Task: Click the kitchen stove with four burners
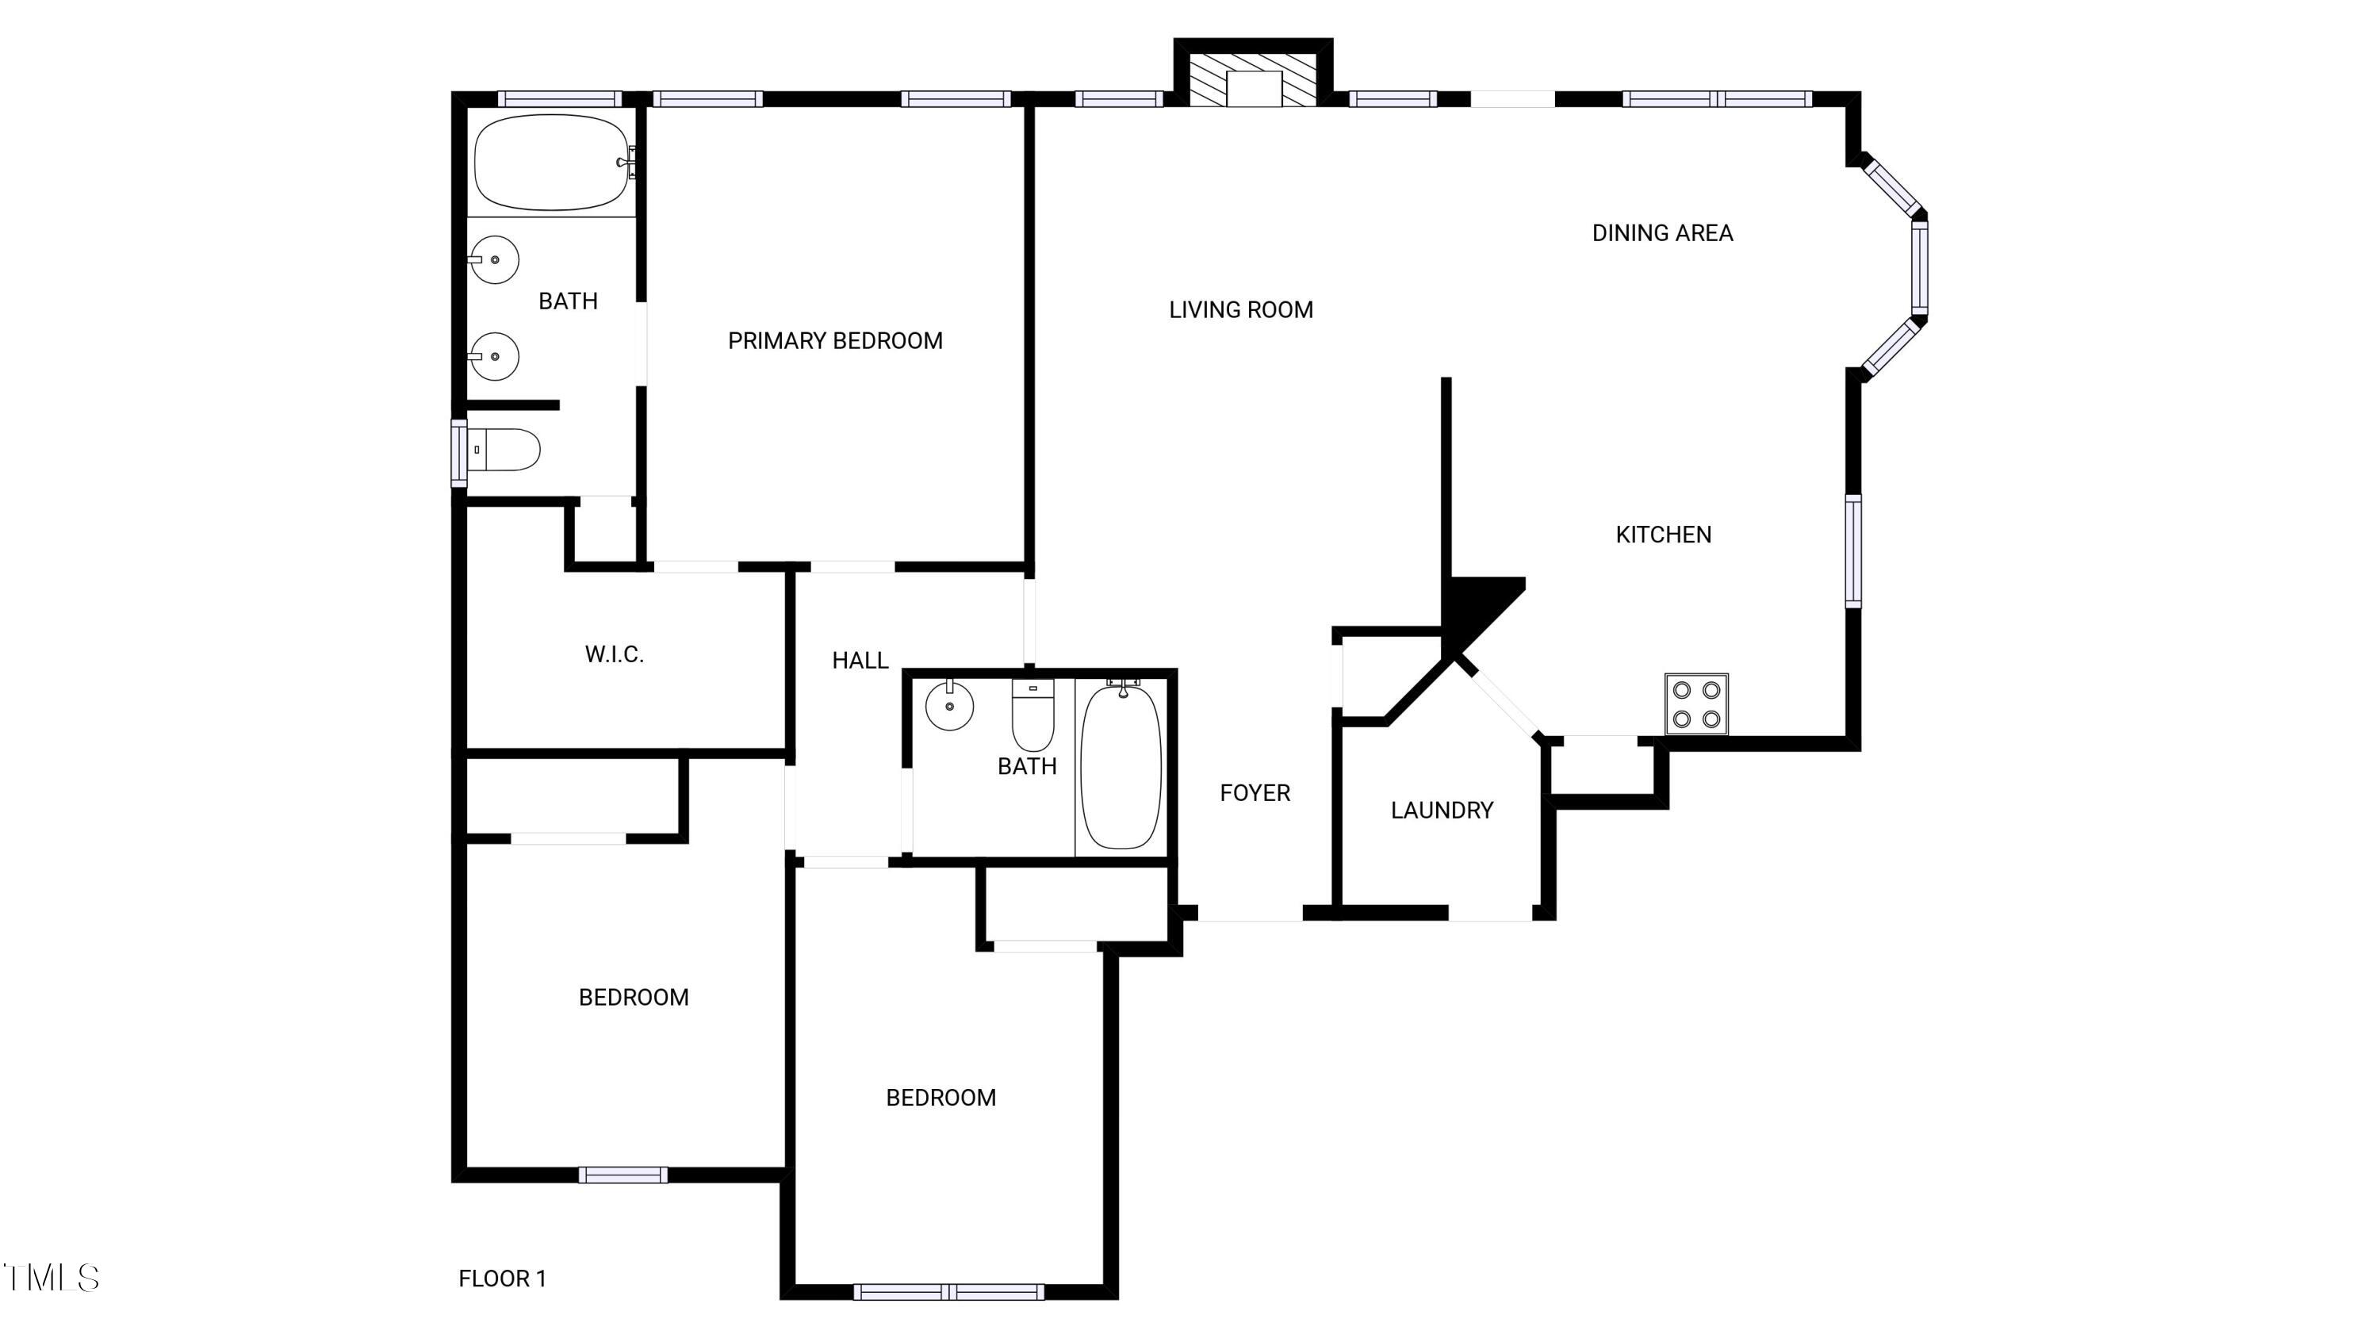1696,704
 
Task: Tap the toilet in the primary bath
505,450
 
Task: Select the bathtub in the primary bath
552,163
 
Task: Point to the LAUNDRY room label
1442,810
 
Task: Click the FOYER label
1255,792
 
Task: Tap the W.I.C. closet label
614,654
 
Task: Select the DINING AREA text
1662,232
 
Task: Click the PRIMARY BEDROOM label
835,341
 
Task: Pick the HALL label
860,660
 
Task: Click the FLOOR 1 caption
503,1278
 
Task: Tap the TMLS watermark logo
52,1278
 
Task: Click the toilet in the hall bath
1033,715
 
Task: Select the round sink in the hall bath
949,707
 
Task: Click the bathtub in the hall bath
1121,766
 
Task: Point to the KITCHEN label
1663,534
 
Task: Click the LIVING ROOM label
1240,309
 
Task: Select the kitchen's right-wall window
1852,551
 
